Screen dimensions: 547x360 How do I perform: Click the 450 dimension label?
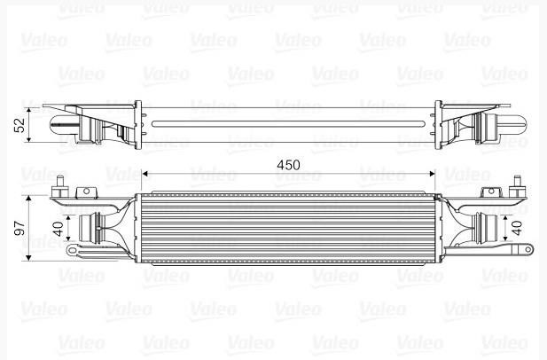coord(288,165)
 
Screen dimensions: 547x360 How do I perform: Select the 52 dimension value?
coord(20,125)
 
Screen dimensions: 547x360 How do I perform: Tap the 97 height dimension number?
coord(20,228)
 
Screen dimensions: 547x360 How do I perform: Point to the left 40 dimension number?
coord(59,229)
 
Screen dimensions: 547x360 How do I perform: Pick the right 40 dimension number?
coord(517,228)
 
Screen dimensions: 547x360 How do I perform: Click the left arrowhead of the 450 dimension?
coord(145,174)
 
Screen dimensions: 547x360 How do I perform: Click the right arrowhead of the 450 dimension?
coord(432,174)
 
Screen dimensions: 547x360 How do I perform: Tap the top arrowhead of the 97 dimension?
coord(28,199)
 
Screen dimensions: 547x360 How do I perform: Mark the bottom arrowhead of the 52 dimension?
coord(28,138)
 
